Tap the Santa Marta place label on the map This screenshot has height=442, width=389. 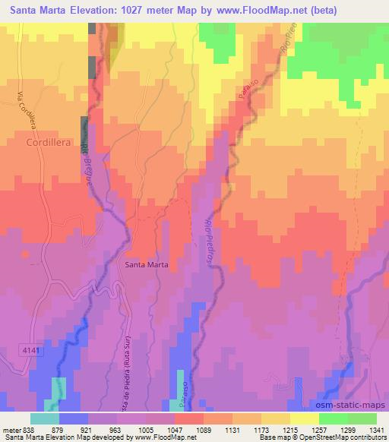point(147,265)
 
